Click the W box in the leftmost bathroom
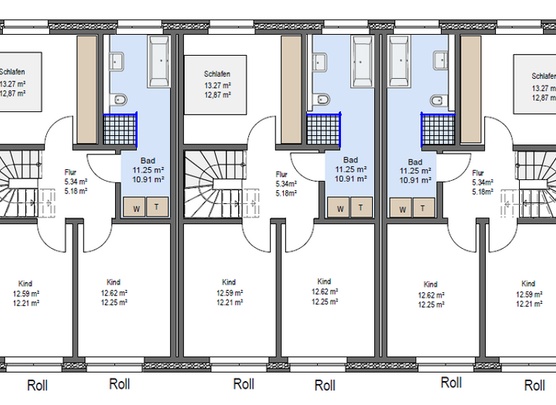click(135, 208)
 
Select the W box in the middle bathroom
click(340, 208)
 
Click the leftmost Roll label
click(37, 385)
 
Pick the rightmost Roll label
click(534, 385)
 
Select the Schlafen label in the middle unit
click(217, 74)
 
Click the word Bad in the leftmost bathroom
click(147, 161)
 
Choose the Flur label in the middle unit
click(282, 174)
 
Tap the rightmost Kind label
click(528, 283)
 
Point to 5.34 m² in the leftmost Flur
click(76, 182)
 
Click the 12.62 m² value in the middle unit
click(324, 292)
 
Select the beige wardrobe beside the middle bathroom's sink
click(291, 88)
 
